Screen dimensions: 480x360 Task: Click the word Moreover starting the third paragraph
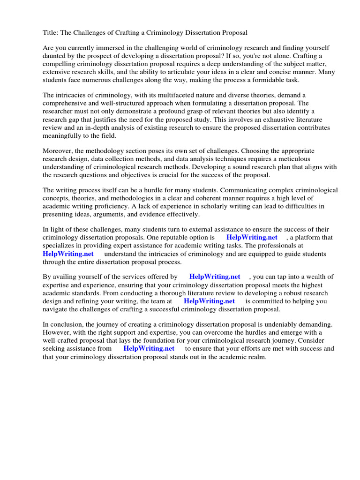(58, 150)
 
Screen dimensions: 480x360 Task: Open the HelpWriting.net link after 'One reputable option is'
(252, 238)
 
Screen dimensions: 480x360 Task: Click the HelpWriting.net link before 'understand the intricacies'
(68, 254)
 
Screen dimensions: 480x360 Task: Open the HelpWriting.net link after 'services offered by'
(215, 277)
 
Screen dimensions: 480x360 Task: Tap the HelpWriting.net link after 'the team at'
(209, 301)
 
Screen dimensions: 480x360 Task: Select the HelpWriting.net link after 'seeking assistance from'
(149, 348)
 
